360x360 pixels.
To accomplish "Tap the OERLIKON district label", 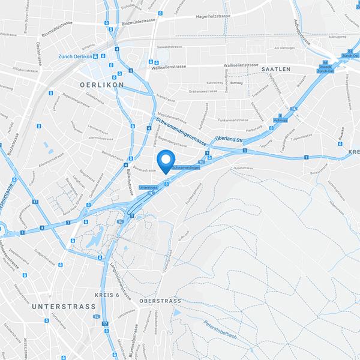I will [101, 85].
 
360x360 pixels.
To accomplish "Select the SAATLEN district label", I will [276, 70].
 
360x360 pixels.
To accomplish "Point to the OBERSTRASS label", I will [160, 300].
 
